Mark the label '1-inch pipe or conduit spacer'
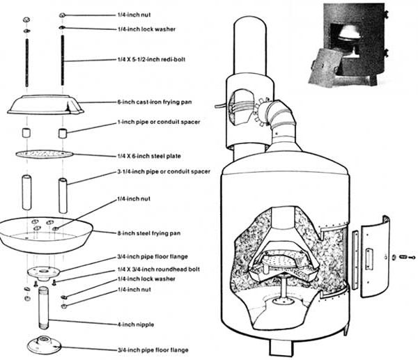[x=159, y=122]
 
